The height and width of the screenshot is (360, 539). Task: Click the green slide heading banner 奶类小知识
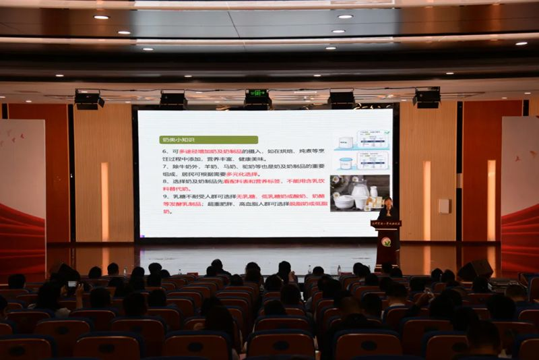coord(191,140)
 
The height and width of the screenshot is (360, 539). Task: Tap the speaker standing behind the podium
coord(387,208)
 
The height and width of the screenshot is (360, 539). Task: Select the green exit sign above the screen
coord(257,94)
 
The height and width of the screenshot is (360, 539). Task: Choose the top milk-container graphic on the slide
coord(361,140)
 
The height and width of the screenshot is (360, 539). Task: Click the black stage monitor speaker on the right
coord(475,270)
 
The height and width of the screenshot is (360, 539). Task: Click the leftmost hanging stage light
coord(88,100)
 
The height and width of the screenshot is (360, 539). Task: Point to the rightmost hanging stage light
coord(427,98)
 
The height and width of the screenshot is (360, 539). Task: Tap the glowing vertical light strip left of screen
coord(105,201)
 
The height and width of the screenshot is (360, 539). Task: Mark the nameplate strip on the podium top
coord(386,223)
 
